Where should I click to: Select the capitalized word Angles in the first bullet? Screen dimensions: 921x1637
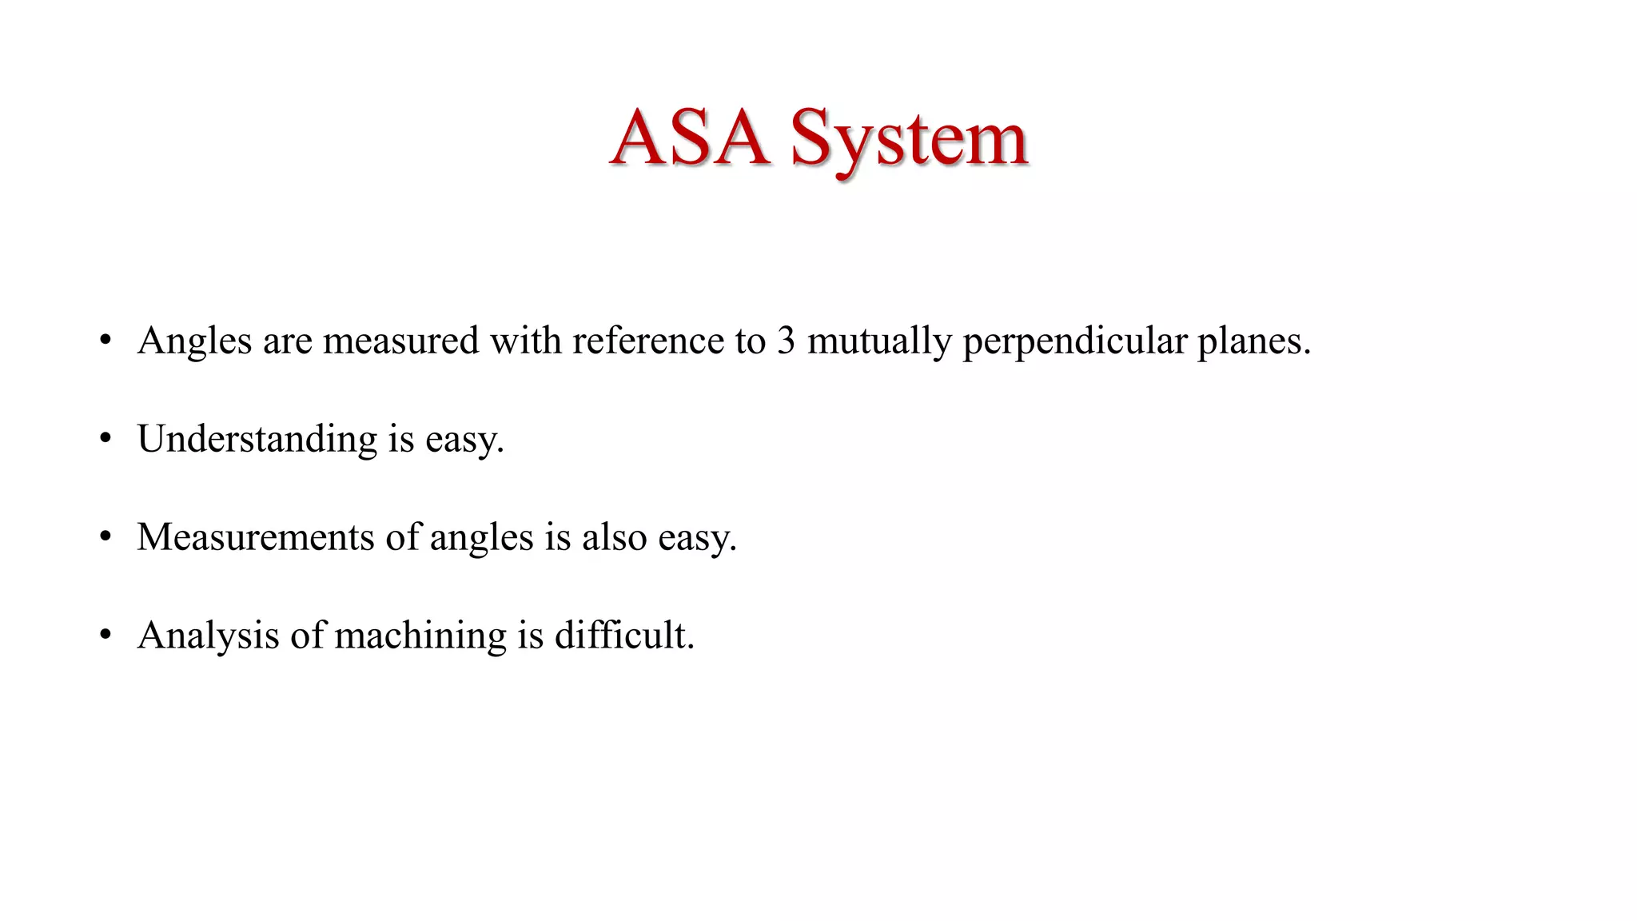(194, 341)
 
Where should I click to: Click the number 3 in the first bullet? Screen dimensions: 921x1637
(786, 341)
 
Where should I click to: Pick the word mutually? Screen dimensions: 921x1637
(879, 342)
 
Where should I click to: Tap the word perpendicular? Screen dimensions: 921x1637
(1074, 342)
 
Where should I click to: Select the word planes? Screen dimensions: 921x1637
(1253, 342)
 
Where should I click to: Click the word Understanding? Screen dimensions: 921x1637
(257, 440)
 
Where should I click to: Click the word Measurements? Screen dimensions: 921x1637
(255, 537)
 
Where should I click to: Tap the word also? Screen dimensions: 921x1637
(614, 537)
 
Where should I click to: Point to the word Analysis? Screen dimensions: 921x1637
(208, 636)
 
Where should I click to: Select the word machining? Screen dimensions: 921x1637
(420, 636)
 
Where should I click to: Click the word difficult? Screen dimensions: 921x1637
(624, 636)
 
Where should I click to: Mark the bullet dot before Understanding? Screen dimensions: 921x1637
(106, 439)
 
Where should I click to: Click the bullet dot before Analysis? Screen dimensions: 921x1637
(106, 636)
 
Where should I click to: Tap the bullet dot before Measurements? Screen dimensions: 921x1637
(106, 537)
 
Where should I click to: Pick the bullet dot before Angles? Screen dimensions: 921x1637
(106, 341)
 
